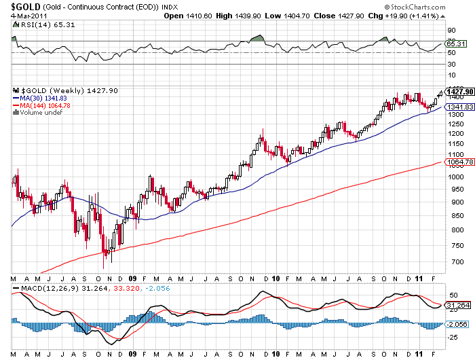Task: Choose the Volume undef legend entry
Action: pos(42,113)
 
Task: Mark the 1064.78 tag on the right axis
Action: pos(459,162)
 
